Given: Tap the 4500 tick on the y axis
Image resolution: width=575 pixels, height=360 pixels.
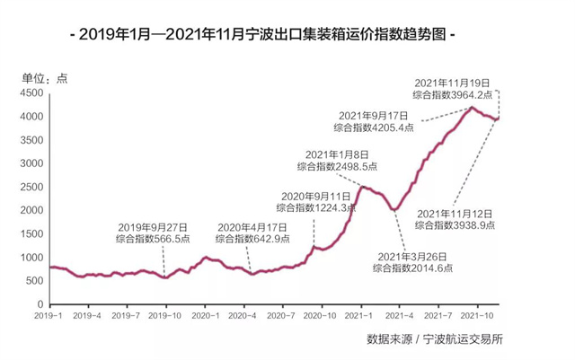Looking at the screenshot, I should (x=32, y=93).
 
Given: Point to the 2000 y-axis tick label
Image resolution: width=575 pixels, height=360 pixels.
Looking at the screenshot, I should (x=32, y=210).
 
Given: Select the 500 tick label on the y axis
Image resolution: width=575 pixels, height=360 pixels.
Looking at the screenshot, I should (x=35, y=281).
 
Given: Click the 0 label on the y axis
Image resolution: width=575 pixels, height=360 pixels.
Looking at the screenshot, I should (x=41, y=304).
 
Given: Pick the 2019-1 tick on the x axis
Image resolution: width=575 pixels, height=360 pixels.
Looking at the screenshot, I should (x=49, y=316).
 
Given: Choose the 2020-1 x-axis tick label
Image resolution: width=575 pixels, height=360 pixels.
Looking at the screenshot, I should (x=206, y=316).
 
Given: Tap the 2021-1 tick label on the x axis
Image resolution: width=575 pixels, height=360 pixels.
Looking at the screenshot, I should (x=360, y=316).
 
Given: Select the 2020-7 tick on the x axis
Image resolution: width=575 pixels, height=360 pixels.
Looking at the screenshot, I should (x=283, y=316).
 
